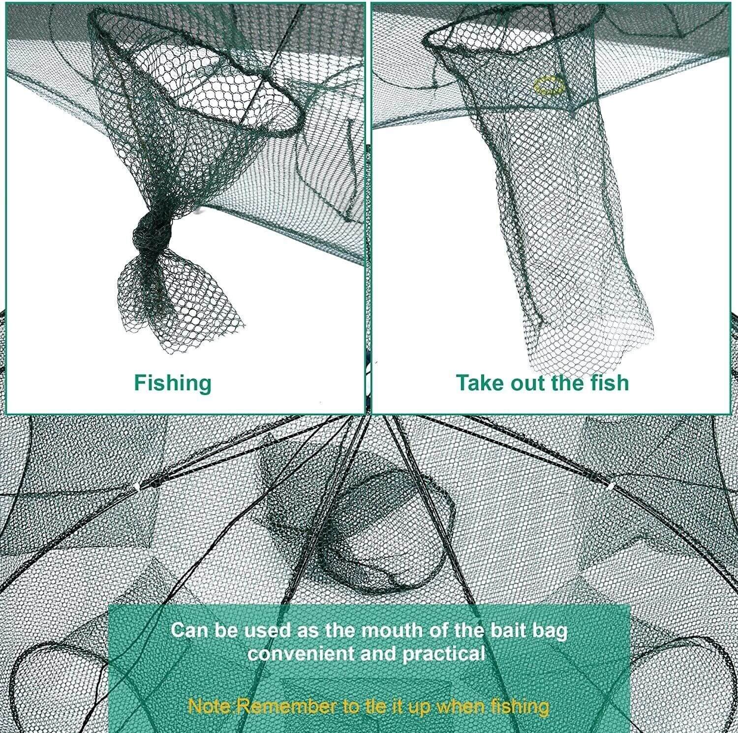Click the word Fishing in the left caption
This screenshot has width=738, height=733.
(173, 383)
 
